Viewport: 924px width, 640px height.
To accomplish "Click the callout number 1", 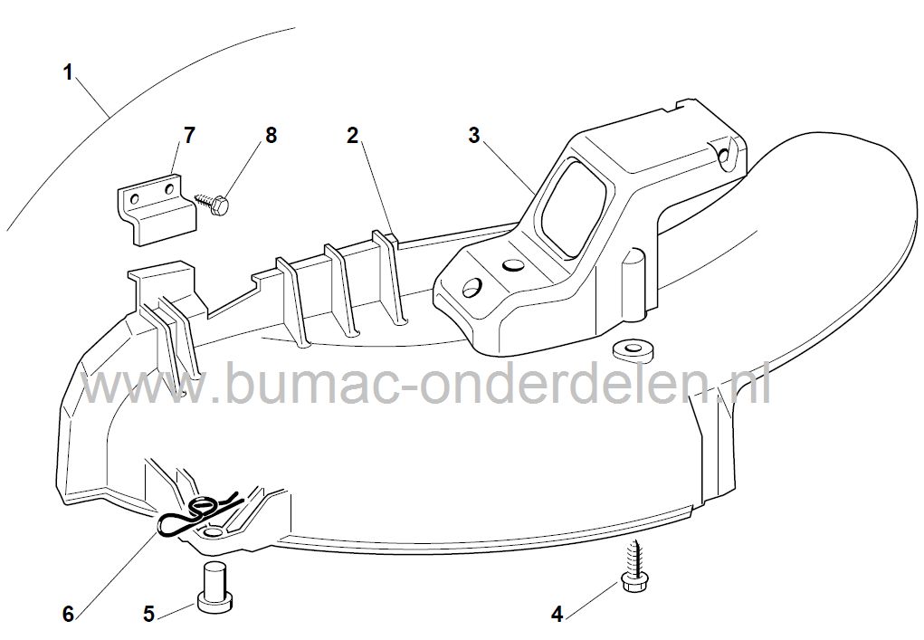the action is click(69, 73).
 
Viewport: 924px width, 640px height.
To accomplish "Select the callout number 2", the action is click(352, 136).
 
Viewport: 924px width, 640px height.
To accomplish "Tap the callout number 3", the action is click(474, 136).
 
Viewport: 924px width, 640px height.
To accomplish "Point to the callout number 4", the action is click(557, 615).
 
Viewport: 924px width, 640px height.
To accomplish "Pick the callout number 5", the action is click(148, 615).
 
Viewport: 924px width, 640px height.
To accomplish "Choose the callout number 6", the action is click(69, 615).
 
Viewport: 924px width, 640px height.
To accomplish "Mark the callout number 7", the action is click(189, 136).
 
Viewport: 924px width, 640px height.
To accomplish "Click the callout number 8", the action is click(271, 136).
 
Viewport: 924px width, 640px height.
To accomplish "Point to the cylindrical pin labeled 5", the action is click(216, 585).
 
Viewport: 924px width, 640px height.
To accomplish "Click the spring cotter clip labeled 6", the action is click(199, 513).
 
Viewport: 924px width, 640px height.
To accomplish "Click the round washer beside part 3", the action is click(633, 349).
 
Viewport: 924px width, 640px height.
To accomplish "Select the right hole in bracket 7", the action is click(171, 189).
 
